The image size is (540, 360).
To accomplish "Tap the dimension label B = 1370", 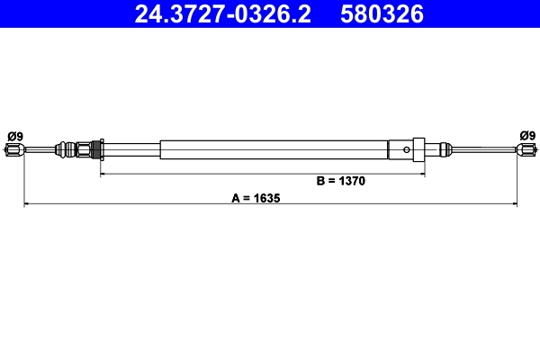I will coord(340,180).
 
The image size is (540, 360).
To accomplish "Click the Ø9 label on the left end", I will coord(14,136).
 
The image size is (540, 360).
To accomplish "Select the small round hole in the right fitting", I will coord(408,149).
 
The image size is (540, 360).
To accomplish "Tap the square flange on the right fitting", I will coord(418,149).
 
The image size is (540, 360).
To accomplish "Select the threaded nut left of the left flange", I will coord(85,149).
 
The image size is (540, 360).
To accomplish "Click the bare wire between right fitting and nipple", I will coord(481,149).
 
